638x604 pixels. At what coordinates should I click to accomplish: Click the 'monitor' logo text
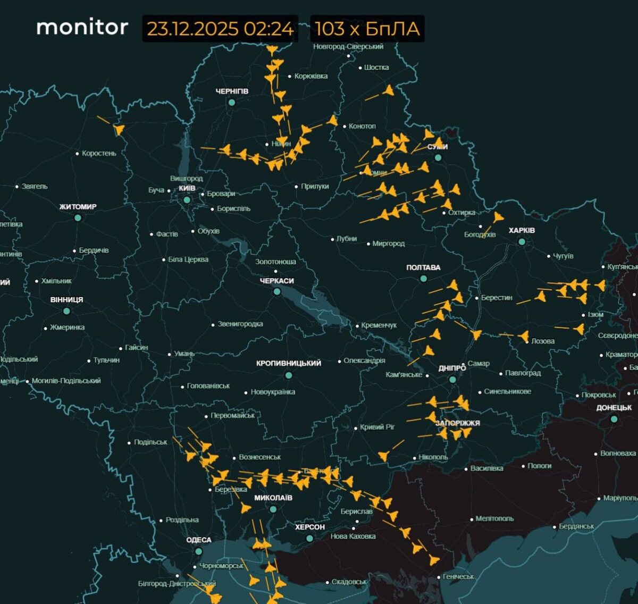click(82, 27)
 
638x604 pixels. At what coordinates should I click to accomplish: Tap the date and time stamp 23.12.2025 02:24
click(220, 29)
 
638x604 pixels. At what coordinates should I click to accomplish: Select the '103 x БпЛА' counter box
click(367, 29)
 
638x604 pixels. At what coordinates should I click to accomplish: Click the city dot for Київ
click(187, 200)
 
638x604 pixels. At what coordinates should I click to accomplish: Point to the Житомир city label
click(78, 207)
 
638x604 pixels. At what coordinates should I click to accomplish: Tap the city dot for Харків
click(522, 241)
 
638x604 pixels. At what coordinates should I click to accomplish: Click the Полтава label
click(423, 267)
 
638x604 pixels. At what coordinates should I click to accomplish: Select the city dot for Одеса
click(198, 551)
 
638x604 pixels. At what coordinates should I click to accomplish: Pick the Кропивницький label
click(289, 363)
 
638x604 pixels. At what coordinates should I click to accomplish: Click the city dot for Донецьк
click(614, 419)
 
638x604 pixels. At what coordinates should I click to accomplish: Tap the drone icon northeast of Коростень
click(119, 129)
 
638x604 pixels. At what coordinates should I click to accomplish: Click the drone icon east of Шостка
click(389, 91)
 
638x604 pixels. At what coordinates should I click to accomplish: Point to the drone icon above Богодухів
click(498, 217)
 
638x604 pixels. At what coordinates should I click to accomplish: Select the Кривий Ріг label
click(377, 427)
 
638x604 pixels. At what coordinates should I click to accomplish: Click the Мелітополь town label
click(494, 518)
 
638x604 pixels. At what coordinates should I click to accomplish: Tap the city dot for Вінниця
click(66, 311)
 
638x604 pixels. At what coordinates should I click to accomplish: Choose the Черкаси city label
click(276, 281)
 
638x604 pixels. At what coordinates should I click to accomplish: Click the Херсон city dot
click(309, 538)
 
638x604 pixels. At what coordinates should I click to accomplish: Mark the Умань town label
click(184, 354)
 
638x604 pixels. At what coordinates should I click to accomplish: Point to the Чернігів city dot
click(232, 102)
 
